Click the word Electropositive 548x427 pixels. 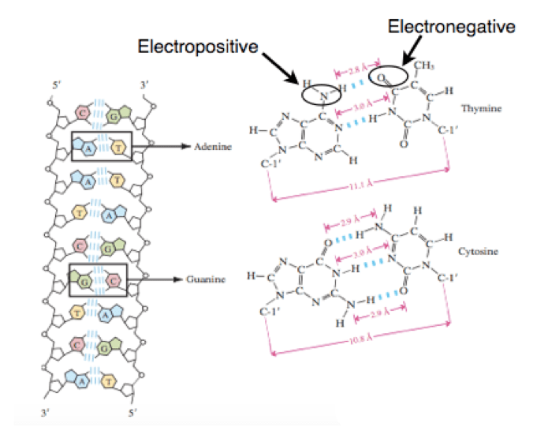pyautogui.click(x=198, y=47)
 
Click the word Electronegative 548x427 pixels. pyautogui.click(x=452, y=28)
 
